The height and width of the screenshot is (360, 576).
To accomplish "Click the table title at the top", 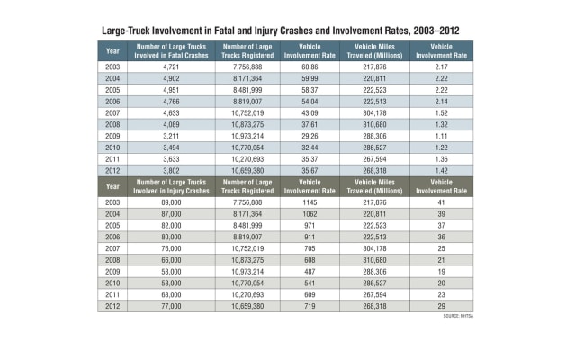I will click(x=288, y=30).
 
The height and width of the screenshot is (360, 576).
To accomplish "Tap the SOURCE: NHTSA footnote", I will click(x=459, y=317).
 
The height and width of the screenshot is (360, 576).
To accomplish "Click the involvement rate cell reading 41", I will click(x=441, y=205).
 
